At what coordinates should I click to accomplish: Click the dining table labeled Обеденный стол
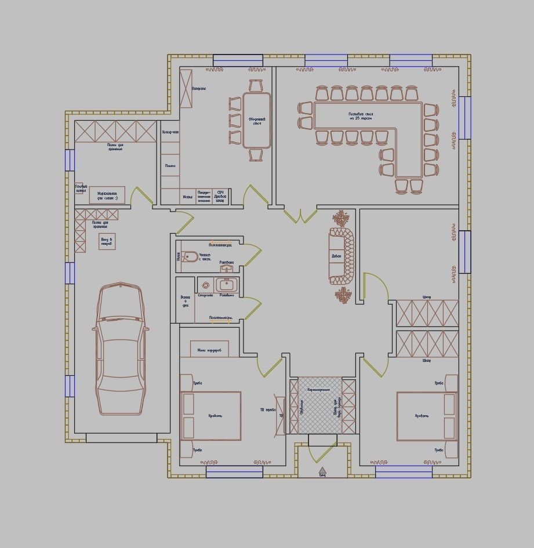point(257,120)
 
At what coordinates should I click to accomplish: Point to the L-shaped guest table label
point(361,116)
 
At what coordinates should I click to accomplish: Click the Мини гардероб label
point(209,350)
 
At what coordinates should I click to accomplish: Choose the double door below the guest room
point(300,215)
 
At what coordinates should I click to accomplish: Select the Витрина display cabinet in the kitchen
point(187,88)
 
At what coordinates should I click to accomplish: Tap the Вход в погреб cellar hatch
point(107,241)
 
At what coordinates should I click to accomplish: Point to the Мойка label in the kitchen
point(188,197)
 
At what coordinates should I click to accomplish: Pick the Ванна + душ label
point(186,300)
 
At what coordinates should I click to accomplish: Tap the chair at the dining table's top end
point(256,86)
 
